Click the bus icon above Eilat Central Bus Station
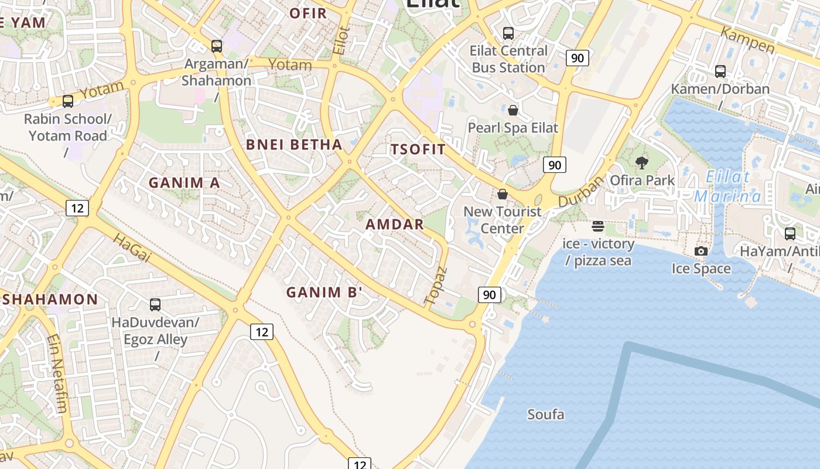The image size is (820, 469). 508,33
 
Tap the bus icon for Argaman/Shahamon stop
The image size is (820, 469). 217,46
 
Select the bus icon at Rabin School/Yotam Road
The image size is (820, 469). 68,101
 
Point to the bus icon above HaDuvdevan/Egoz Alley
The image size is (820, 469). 155,305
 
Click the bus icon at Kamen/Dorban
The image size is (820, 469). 720,72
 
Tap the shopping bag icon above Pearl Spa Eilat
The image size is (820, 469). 513,110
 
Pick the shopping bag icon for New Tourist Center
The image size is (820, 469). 503,194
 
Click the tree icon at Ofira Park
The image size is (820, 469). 642,163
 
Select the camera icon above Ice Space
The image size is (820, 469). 701,252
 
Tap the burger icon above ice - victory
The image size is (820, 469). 597,226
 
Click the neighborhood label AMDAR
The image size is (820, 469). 395,224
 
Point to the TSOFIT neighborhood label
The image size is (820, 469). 418,149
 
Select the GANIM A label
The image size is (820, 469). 184,183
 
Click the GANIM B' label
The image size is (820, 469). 324,292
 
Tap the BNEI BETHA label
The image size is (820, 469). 294,144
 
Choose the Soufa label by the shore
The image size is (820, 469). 546,415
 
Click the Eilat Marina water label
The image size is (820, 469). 727,186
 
